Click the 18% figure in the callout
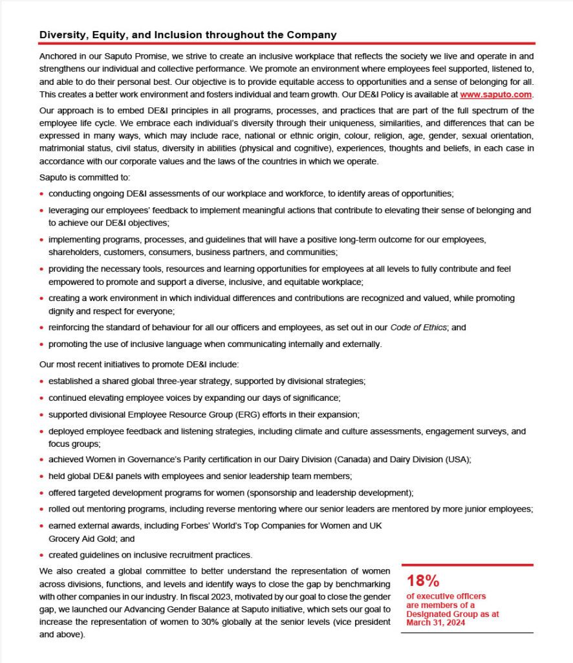(x=423, y=580)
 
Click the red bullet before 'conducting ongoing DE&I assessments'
(x=42, y=194)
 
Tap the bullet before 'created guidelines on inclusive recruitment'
(x=42, y=555)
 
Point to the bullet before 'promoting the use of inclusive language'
(x=42, y=344)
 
